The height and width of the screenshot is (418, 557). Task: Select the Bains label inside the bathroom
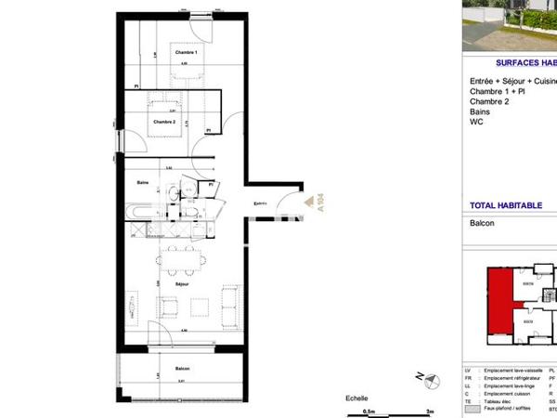click(143, 182)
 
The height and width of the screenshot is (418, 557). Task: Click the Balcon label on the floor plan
click(185, 369)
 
